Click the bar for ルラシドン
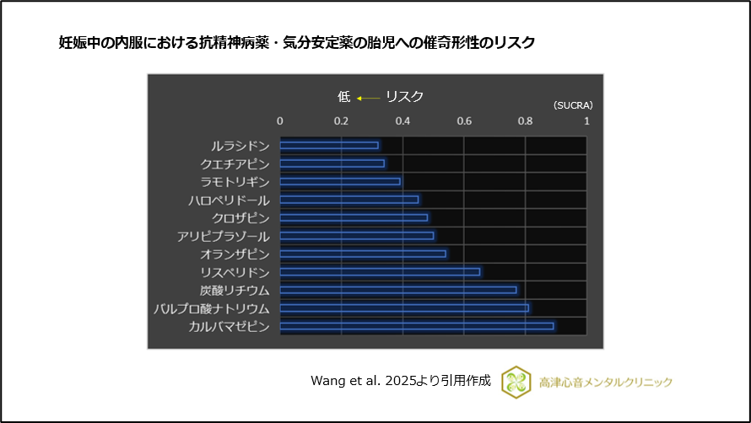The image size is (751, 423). [329, 145]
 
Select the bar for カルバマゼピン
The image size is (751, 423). [417, 325]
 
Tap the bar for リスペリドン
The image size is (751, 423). [380, 271]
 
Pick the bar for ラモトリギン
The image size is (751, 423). [340, 181]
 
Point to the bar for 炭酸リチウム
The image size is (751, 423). [398, 290]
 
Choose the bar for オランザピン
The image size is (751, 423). [363, 254]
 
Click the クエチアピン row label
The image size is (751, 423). [235, 163]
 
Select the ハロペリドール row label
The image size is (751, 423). [229, 200]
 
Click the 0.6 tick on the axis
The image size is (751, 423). [464, 121]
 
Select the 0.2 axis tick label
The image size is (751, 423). [341, 121]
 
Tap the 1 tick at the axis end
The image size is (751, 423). [586, 121]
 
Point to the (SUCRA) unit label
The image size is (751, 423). [573, 106]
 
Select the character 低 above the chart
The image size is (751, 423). [343, 97]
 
